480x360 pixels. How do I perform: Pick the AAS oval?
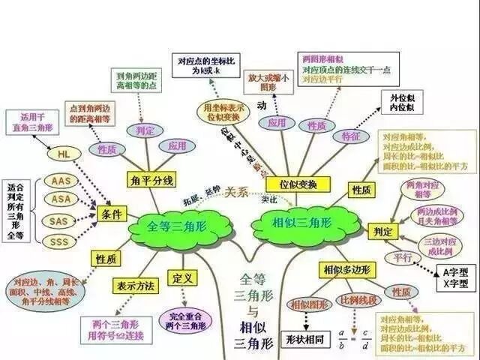tap(61, 181)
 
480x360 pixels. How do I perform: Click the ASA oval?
tap(61, 199)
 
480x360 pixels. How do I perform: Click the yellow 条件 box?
tap(109, 214)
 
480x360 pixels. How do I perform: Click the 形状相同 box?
tap(306, 337)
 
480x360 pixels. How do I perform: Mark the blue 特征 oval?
tap(349, 137)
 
